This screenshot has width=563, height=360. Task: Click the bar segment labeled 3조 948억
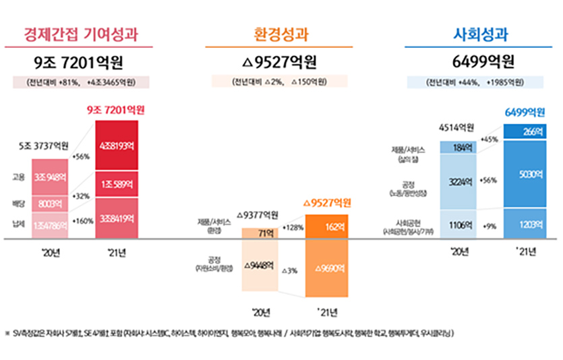point(50,177)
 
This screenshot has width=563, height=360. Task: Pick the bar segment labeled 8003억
point(50,203)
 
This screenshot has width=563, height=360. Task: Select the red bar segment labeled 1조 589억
point(116,184)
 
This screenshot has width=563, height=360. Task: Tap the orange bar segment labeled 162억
point(326,228)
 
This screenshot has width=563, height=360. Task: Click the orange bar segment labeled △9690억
point(326,268)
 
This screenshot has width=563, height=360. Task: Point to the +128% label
point(293,227)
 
